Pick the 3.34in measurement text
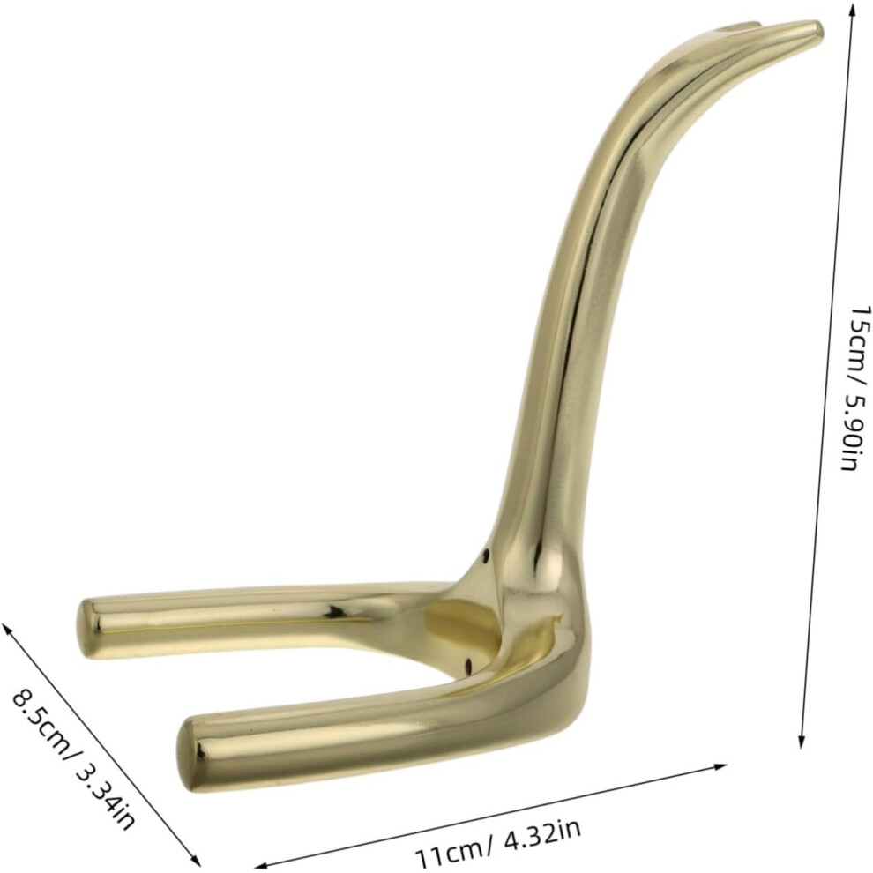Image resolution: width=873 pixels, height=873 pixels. click(106, 784)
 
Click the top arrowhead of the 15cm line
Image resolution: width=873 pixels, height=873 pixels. click(852, 8)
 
